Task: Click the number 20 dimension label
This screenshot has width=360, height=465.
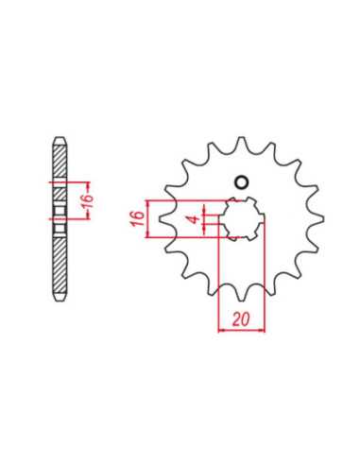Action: (241, 319)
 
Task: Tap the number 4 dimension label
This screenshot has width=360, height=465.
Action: (196, 219)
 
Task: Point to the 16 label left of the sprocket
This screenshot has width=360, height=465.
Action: (138, 218)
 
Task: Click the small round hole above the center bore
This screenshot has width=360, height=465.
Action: (242, 182)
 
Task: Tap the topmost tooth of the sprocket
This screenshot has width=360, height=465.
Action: (242, 143)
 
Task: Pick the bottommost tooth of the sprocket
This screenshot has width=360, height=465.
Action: (242, 294)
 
